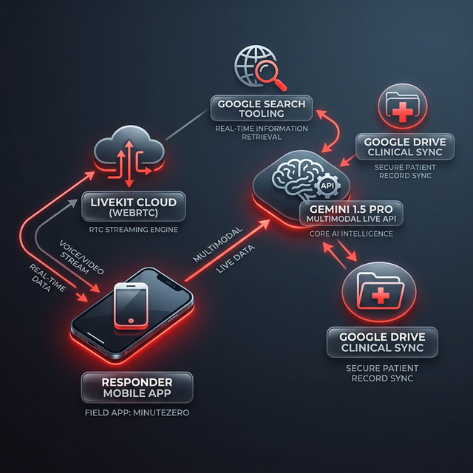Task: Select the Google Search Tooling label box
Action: tap(257, 109)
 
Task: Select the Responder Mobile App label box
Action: tap(137, 387)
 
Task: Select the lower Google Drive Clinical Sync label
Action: tap(382, 343)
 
